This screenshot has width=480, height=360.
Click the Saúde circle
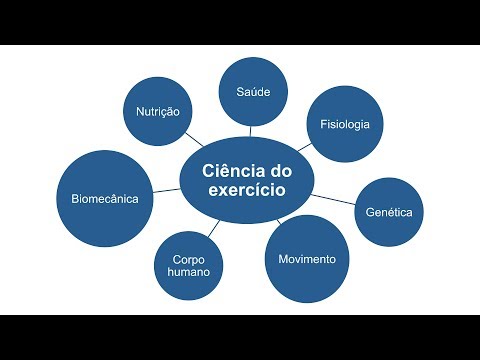pos(253,92)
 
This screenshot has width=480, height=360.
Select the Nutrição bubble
pos(158,111)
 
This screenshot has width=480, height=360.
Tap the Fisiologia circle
pos(345,124)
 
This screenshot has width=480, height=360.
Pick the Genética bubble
pos(389,212)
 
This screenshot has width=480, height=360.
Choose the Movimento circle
pos(307,259)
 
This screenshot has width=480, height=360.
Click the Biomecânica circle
pos(105,199)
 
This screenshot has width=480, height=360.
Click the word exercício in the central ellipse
pos(247,190)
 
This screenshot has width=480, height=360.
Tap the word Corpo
pos(189,260)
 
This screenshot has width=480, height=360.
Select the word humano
pos(189,272)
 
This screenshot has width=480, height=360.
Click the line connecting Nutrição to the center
pos(194,140)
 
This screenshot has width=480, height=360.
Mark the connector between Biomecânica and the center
pos(167,190)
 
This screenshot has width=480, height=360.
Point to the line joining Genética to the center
pos(333,199)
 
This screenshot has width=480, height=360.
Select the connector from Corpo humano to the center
pos(214,228)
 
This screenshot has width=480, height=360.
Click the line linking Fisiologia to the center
pos(305,147)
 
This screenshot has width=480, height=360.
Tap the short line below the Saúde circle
pos(250,131)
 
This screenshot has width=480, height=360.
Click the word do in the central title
pos(281,171)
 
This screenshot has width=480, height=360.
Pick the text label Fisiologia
pos(345,124)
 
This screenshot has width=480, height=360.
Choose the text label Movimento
pos(307,259)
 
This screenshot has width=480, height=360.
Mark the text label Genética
pos(389,212)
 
